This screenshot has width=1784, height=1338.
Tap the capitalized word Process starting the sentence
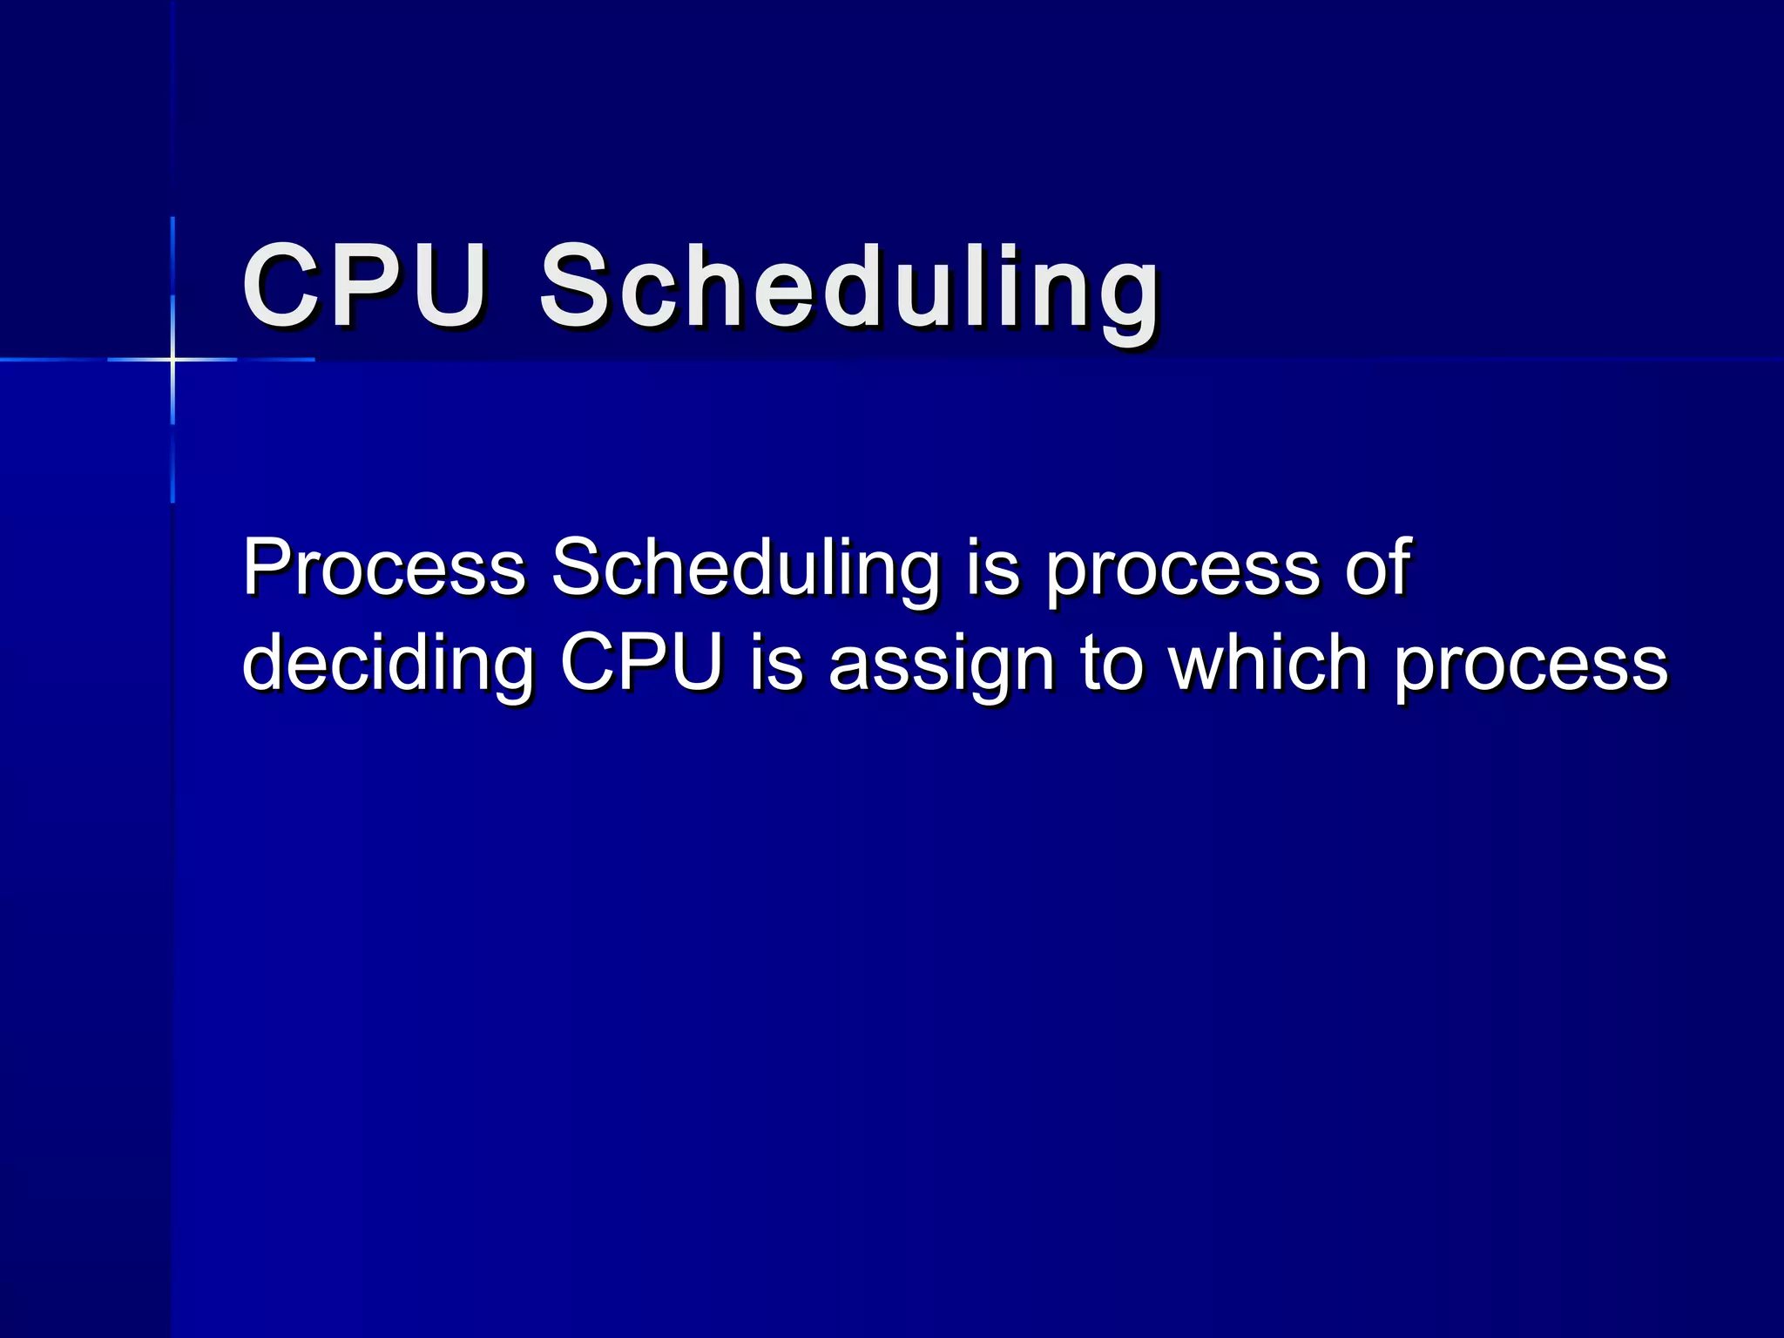pyautogui.click(x=383, y=568)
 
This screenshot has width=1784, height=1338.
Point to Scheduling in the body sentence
pyautogui.click(x=746, y=568)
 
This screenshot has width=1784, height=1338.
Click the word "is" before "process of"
pyautogui.click(x=993, y=568)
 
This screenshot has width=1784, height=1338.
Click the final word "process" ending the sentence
pyautogui.click(x=1531, y=666)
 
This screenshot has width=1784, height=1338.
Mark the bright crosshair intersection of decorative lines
pyautogui.click(x=172, y=359)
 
